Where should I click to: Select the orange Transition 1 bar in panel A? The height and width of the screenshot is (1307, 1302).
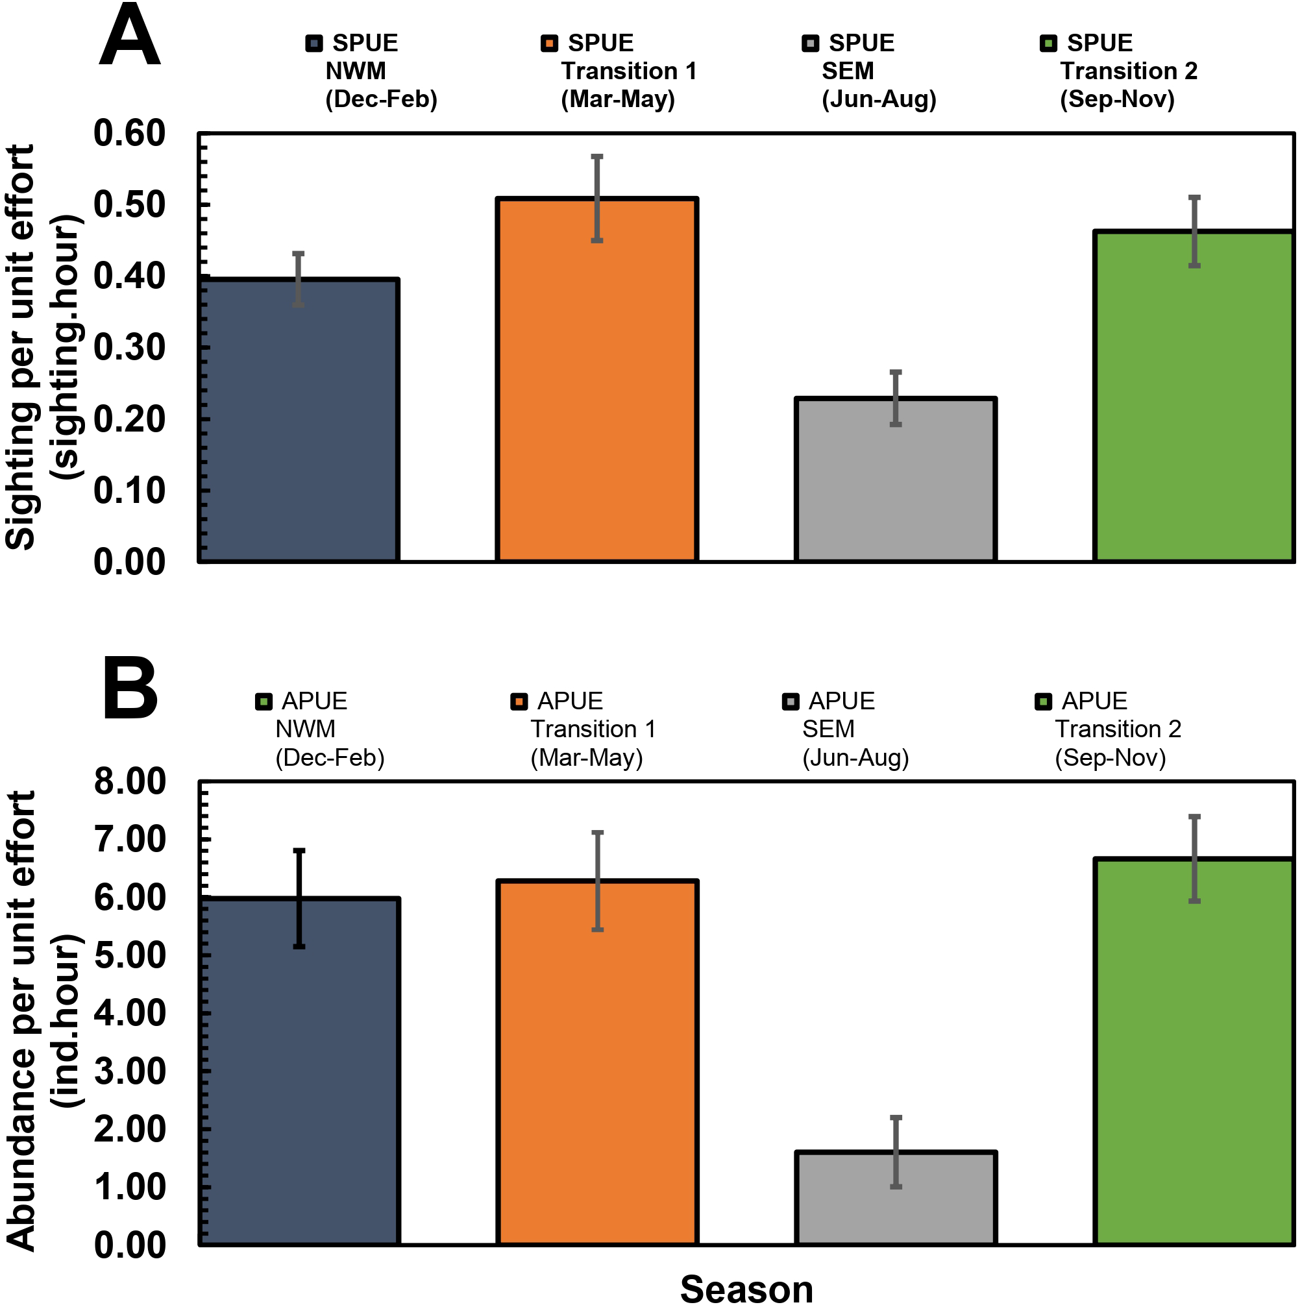tap(596, 406)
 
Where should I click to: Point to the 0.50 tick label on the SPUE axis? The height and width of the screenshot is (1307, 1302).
tap(129, 204)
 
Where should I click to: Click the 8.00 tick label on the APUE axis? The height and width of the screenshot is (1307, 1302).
tap(129, 781)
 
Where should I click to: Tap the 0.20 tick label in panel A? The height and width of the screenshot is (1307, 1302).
tap(129, 419)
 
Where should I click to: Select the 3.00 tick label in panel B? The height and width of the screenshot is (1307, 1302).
tap(129, 1071)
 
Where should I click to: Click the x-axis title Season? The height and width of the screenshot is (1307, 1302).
tap(746, 1289)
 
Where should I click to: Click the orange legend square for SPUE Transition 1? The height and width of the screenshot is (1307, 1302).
tap(549, 44)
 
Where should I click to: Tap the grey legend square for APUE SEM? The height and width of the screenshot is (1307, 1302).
tap(790, 702)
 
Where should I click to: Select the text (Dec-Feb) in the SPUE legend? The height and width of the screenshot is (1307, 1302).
tap(381, 99)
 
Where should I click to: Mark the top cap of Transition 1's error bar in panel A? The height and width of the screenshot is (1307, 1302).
tap(596, 157)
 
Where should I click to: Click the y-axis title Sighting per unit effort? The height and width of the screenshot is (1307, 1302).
tap(20, 347)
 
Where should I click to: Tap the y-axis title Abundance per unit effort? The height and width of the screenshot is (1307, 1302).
tap(20, 1021)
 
